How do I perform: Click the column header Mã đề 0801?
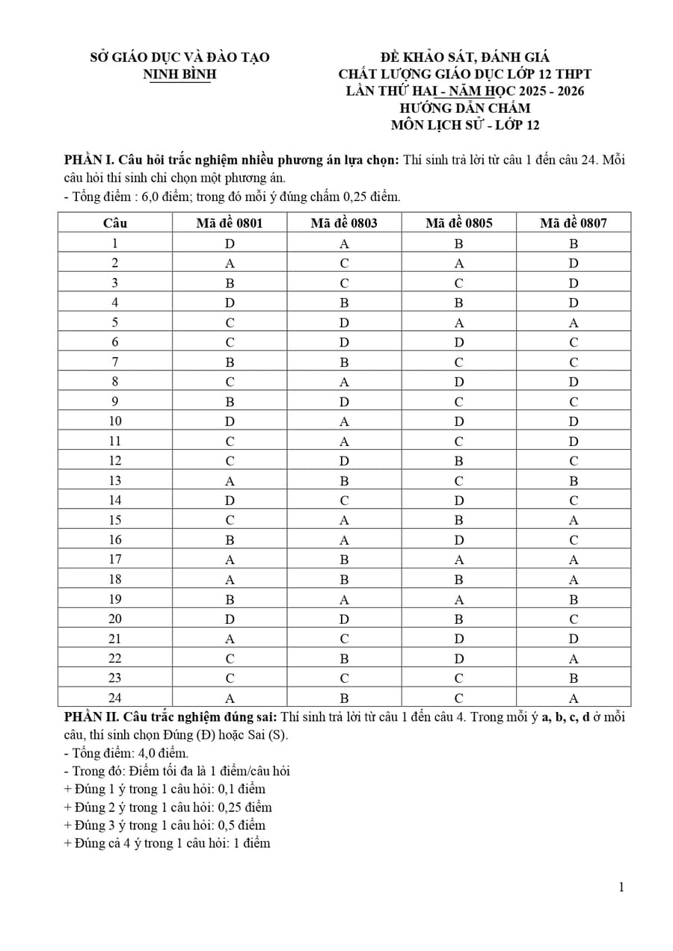point(230,223)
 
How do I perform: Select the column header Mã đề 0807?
point(574,223)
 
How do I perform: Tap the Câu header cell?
point(115,223)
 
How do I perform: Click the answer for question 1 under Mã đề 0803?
point(344,243)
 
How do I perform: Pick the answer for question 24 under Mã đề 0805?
point(459,698)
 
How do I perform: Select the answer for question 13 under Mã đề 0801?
point(230,480)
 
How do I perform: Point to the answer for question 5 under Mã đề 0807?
point(574,323)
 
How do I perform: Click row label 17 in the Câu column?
point(115,560)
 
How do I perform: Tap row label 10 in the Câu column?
point(115,421)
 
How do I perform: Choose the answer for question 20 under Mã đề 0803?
point(344,619)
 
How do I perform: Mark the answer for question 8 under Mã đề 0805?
point(459,382)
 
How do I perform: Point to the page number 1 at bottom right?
point(621,888)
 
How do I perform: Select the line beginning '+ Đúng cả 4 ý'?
point(168,843)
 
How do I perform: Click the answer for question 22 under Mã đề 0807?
point(574,658)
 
